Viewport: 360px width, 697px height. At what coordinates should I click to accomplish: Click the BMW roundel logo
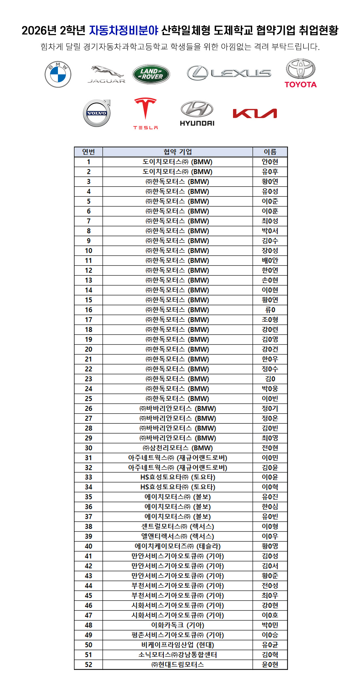coord(58,74)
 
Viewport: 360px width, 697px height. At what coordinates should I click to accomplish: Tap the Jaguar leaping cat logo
coord(106,74)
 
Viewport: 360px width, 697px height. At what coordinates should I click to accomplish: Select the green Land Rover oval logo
coord(151,74)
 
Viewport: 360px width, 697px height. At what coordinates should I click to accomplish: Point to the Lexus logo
coord(229,73)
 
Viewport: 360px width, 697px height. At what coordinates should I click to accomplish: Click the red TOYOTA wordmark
coord(300,84)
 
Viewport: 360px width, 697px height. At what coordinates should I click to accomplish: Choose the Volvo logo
coord(97,113)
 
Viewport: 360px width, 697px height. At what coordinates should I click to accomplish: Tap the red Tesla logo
coord(146,113)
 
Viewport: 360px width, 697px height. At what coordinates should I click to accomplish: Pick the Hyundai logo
coord(197,113)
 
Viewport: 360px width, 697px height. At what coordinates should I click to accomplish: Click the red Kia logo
coord(255,113)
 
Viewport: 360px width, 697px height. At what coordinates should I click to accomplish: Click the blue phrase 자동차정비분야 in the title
coord(124,30)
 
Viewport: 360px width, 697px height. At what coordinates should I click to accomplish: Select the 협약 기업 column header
coord(178,152)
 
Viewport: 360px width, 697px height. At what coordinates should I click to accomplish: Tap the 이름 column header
coord(270,152)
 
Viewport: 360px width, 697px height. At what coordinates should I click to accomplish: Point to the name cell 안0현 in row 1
coord(270,162)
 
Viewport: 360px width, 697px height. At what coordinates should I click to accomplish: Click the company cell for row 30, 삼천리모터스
coord(178,448)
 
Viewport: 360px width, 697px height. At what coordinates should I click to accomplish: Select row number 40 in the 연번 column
coord(88,546)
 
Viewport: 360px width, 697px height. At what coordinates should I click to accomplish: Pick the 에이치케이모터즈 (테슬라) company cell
coord(178,546)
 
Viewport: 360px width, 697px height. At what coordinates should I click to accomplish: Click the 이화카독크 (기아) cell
coord(178,625)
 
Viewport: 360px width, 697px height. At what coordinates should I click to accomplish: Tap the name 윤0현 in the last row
coord(270,664)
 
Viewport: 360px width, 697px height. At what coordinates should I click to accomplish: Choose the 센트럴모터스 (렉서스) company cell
coord(178,527)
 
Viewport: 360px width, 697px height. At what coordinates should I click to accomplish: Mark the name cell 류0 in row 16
coord(270,310)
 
